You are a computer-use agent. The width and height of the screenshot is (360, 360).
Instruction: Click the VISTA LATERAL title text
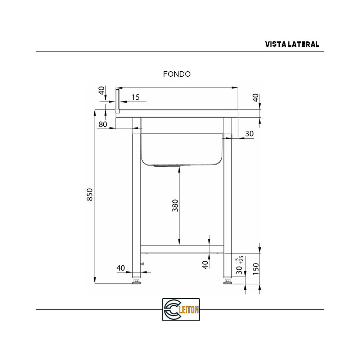point(292,44)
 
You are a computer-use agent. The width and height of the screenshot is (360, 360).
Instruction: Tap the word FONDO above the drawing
point(177,74)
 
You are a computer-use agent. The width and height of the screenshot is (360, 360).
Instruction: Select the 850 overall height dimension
point(90,195)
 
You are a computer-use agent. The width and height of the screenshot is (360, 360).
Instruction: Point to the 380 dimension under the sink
point(175,206)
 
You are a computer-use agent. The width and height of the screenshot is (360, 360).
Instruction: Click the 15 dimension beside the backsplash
point(135,97)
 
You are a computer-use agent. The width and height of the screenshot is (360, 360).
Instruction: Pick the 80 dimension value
point(103,125)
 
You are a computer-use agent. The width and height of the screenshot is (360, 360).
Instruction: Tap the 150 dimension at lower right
point(256,269)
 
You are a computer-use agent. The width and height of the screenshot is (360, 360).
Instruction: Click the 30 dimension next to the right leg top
point(249,134)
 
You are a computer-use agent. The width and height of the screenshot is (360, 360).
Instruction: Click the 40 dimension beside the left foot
point(121,268)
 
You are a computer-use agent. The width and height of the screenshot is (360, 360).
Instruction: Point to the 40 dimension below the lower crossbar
point(205,265)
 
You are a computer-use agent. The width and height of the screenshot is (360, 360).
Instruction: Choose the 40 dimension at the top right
point(256,98)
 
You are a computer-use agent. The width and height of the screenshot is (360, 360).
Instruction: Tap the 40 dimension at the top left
point(102,90)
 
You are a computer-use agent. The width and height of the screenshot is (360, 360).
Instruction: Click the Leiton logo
point(181,309)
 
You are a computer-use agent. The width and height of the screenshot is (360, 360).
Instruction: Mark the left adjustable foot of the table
point(136,280)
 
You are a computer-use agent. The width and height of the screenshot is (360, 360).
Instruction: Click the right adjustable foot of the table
point(228,280)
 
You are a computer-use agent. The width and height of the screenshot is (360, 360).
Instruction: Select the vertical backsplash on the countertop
point(117,101)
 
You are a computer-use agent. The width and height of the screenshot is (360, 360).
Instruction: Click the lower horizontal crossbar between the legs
point(182,248)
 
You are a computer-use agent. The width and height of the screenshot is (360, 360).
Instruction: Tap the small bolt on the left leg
point(143,265)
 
